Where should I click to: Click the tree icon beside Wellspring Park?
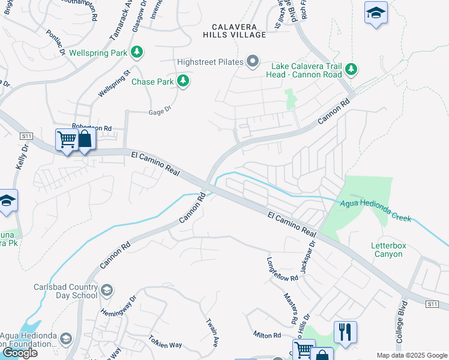coord(137,53)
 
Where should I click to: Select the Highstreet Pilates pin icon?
coord(253,62)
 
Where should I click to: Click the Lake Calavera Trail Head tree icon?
coord(351,70)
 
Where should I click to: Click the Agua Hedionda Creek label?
coord(376,211)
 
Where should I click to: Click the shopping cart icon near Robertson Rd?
coord(67,140)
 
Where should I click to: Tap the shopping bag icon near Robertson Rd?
coord(85,140)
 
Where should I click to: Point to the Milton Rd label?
coord(267,335)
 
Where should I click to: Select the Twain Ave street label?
coord(211,332)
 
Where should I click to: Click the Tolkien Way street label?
coord(166,344)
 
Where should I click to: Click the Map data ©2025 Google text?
coord(412,355)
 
